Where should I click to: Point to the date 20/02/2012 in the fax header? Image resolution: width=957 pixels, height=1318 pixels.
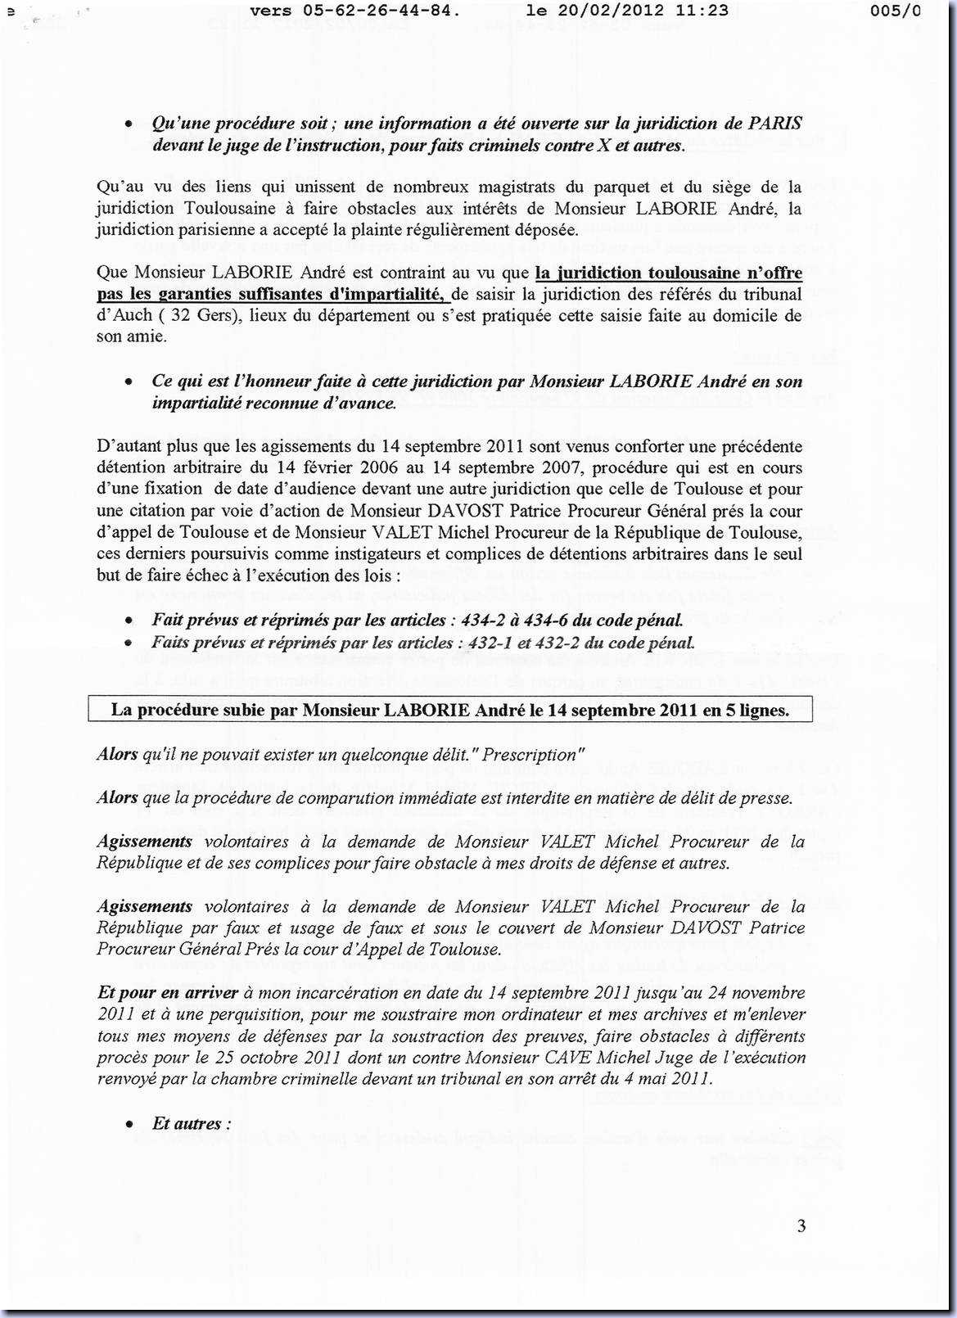604,11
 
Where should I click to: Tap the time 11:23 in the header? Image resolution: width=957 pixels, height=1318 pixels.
706,11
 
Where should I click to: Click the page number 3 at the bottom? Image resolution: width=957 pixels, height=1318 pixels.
801,1225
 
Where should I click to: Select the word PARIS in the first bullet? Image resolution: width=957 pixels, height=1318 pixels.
774,124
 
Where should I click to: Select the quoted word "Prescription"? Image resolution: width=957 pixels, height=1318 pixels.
529,754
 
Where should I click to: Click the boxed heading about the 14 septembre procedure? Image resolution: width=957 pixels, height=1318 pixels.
449,710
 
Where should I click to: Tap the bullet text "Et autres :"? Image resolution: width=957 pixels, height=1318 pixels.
192,1123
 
